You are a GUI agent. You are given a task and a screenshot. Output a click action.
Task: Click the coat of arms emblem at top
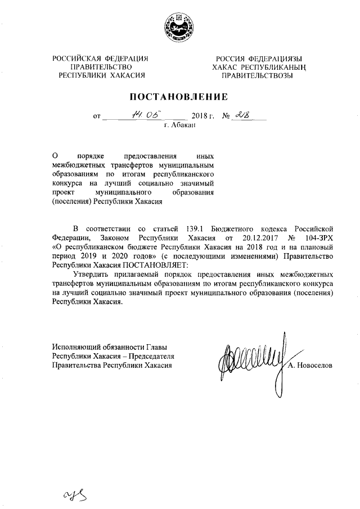(179, 28)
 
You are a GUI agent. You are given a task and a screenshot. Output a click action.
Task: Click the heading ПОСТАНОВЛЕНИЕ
(179, 96)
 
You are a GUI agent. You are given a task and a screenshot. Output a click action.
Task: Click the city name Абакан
(179, 127)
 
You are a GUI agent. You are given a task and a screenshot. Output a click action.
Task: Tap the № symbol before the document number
(227, 116)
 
